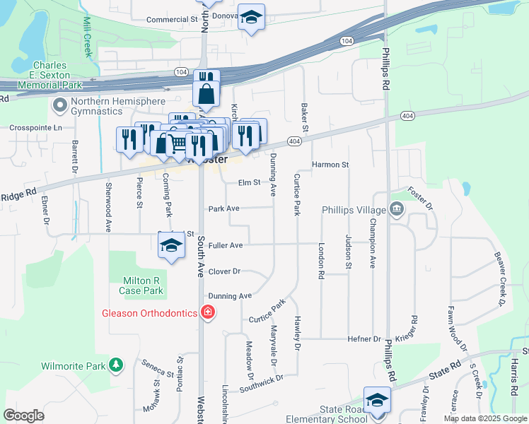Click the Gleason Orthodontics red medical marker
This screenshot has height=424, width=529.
(208, 312)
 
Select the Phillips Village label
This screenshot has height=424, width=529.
(354, 210)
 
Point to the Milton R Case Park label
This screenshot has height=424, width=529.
(142, 285)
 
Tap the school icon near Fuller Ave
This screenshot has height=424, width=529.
(170, 245)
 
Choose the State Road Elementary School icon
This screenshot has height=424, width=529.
(377, 400)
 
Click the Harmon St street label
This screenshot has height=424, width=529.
(331, 165)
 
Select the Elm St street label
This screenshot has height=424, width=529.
(250, 182)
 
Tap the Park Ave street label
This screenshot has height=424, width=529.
(223, 208)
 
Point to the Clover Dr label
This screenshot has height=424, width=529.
(224, 271)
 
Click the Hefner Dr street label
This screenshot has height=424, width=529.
(364, 339)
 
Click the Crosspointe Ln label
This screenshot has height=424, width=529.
(35, 128)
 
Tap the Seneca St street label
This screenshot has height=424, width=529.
(157, 367)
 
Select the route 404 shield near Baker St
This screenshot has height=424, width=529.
(295, 142)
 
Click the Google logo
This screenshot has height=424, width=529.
(23, 416)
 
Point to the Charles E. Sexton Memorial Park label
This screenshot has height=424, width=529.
(50, 75)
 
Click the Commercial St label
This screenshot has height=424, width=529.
(171, 19)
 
